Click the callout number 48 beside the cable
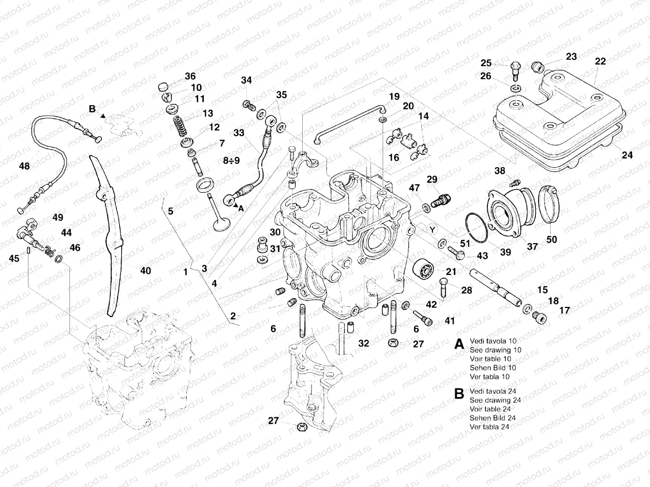[24, 166]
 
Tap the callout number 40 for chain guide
[145, 270]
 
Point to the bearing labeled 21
[424, 269]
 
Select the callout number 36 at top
[190, 76]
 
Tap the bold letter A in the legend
[459, 345]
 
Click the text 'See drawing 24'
[495, 400]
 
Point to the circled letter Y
[433, 230]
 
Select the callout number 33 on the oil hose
[239, 133]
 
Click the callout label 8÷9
[231, 161]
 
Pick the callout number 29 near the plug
[432, 179]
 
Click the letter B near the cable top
[92, 109]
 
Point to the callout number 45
[14, 259]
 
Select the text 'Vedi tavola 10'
[493, 341]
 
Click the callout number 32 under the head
[364, 343]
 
